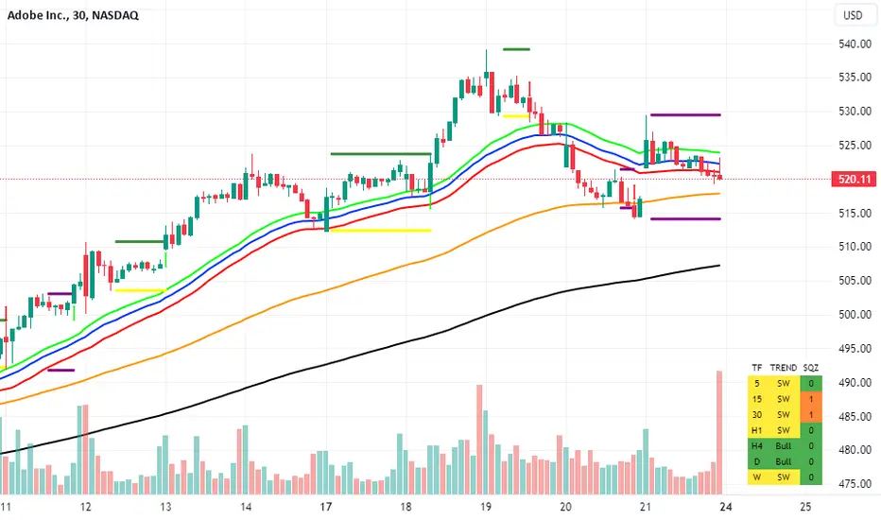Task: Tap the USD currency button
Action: pos(853,15)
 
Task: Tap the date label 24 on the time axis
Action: pos(723,507)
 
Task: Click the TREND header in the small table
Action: pos(783,367)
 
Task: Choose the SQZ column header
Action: pos(811,367)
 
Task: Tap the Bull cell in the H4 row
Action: pos(783,446)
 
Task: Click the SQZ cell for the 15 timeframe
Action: pos(811,399)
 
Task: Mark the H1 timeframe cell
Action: pos(756,430)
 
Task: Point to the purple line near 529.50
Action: pos(684,115)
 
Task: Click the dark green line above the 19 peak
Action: pos(516,48)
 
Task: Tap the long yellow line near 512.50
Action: pos(378,230)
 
